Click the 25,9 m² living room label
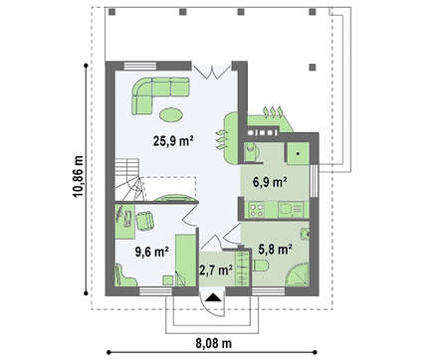tap(173, 141)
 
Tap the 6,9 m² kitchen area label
tap(270, 182)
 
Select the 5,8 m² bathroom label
tap(275, 249)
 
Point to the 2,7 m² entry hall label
tap(216, 270)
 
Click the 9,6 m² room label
tap(152, 252)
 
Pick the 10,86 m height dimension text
tap(79, 176)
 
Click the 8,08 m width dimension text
tap(214, 343)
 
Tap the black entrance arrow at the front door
tap(212, 297)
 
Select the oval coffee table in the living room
tap(171, 114)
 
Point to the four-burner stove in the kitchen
tap(257, 209)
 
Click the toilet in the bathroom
tap(261, 266)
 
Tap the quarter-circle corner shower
tap(299, 274)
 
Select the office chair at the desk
tap(145, 221)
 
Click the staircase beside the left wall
tap(127, 179)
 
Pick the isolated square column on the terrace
tap(313, 68)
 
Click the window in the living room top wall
tap(140, 66)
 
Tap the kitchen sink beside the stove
tap(291, 209)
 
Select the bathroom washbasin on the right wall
tap(305, 235)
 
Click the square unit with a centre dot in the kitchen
tap(298, 153)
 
